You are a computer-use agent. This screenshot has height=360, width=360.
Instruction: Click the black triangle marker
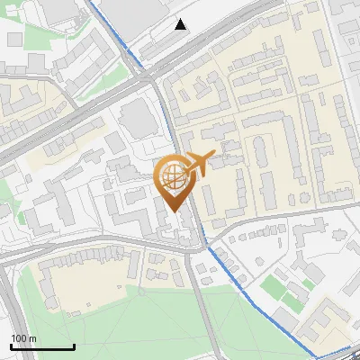coord(182,24)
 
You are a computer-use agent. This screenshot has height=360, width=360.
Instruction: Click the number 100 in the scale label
coord(19,338)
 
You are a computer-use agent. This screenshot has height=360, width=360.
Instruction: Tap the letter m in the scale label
coord(33,338)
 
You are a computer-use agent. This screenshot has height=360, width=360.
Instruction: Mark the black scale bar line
coord(42,346)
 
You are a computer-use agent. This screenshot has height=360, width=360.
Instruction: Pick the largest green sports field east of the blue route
coord(274,287)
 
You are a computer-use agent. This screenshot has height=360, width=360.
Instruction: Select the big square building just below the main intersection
coord(136,118)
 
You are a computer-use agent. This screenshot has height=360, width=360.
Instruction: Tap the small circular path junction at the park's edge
coord(141,291)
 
